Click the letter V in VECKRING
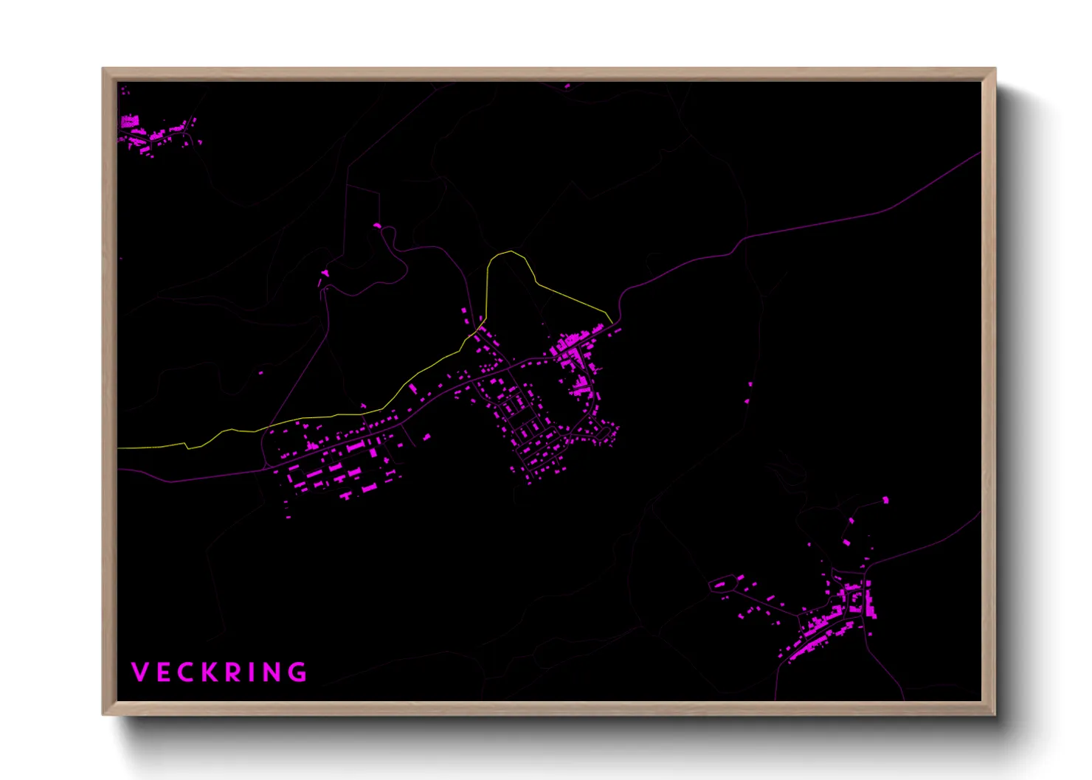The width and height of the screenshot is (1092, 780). coord(139,672)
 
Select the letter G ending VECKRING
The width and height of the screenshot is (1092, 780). coord(297,672)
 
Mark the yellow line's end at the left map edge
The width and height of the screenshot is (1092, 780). coord(120,448)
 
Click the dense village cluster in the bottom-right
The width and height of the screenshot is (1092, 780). coord(834,619)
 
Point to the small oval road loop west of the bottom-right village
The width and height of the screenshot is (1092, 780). coord(722,585)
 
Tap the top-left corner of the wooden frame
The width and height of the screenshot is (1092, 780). coord(103,69)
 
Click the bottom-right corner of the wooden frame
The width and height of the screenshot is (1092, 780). coord(995,714)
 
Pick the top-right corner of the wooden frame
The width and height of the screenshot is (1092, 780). coord(995,69)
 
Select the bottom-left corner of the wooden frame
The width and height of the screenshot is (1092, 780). coord(103,714)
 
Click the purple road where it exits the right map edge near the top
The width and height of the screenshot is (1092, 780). coord(979,153)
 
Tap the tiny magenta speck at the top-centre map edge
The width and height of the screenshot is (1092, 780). coord(567,86)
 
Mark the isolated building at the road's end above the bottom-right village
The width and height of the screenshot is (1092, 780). coord(885,501)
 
